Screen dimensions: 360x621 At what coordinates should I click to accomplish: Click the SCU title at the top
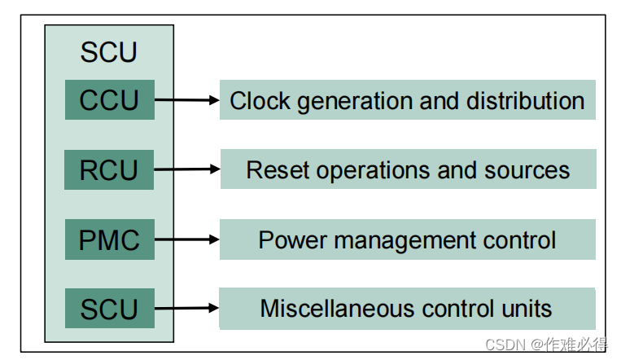(x=109, y=53)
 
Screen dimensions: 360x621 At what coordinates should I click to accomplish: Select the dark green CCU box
(x=109, y=100)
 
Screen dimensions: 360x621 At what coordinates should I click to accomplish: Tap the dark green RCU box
(x=109, y=170)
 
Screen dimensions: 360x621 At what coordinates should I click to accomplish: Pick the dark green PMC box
(x=109, y=239)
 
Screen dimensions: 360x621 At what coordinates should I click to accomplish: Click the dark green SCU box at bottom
(x=109, y=309)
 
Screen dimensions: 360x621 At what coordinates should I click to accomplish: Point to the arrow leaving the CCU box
(x=187, y=100)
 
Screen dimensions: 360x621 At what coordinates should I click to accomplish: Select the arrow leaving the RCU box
(x=187, y=169)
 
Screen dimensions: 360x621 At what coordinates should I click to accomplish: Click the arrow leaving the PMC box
(x=187, y=239)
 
